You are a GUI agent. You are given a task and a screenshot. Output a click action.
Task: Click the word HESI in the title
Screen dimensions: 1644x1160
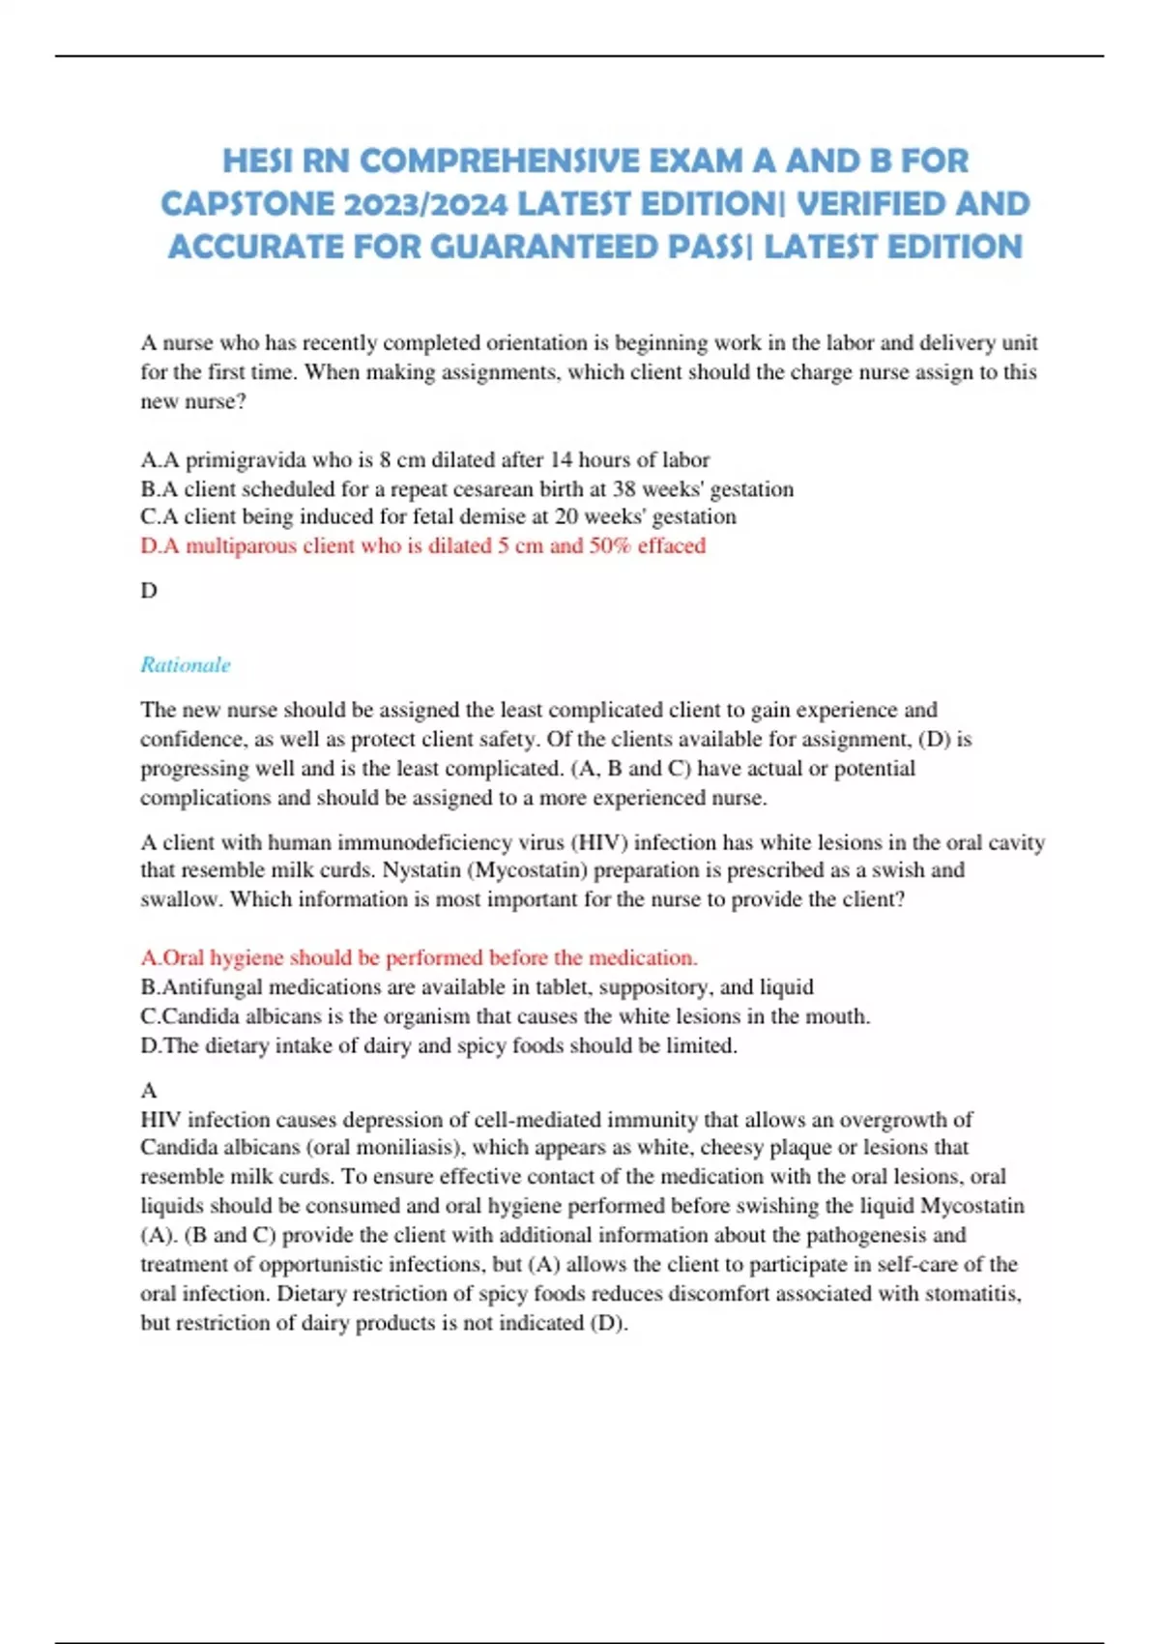pyautogui.click(x=257, y=161)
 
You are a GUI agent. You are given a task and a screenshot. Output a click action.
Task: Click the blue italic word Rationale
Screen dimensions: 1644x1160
pyautogui.click(x=186, y=665)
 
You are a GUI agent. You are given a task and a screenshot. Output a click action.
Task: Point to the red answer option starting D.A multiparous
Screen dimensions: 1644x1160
pyautogui.click(x=422, y=545)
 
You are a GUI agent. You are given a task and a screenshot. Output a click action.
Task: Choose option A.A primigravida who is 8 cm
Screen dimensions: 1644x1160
pyautogui.click(x=424, y=459)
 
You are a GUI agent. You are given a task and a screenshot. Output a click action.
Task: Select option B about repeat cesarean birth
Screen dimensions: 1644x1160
pyautogui.click(x=466, y=488)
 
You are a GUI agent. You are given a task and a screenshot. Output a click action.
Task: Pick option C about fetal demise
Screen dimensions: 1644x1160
pyautogui.click(x=438, y=516)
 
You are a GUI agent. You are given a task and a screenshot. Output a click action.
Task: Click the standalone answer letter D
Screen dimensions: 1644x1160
pyautogui.click(x=149, y=590)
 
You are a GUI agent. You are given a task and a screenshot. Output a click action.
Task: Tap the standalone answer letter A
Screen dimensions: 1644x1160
pyautogui.click(x=149, y=1090)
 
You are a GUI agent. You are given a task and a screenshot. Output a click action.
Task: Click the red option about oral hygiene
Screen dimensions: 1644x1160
pyautogui.click(x=419, y=957)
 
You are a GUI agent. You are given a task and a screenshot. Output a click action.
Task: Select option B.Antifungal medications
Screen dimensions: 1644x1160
pyautogui.click(x=477, y=986)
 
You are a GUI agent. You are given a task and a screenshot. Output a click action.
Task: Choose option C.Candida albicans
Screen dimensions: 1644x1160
pyautogui.click(x=505, y=1016)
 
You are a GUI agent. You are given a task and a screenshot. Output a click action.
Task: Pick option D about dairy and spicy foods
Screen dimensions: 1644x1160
pyautogui.click(x=438, y=1045)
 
